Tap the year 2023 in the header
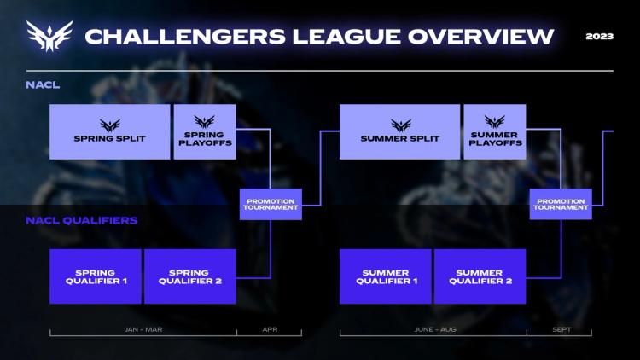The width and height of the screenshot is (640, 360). pyautogui.click(x=600, y=37)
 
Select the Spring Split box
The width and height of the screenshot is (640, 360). pyautogui.click(x=109, y=132)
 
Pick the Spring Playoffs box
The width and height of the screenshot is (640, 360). pyautogui.click(x=204, y=132)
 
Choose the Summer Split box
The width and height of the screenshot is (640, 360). pyautogui.click(x=399, y=132)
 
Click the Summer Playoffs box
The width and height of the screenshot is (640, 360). pyautogui.click(x=494, y=132)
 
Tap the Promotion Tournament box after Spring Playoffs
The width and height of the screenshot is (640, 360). pyautogui.click(x=271, y=205)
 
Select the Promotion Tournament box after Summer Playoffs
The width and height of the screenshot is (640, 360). pyautogui.click(x=561, y=205)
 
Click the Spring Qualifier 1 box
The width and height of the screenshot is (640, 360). pyautogui.click(x=95, y=276)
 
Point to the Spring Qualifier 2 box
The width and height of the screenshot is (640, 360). pyautogui.click(x=189, y=276)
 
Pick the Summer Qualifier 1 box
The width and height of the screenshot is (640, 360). pyautogui.click(x=386, y=276)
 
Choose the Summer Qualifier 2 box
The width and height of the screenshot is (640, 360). pyautogui.click(x=480, y=276)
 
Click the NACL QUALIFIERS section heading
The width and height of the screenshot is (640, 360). pyautogui.click(x=82, y=220)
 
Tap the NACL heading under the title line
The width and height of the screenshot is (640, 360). pyautogui.click(x=43, y=84)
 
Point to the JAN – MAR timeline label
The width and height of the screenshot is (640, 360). pyautogui.click(x=143, y=328)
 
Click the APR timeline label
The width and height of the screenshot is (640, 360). pyautogui.click(x=270, y=328)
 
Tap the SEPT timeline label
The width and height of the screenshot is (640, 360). pyautogui.click(x=561, y=328)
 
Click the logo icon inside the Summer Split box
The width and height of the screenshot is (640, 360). pyautogui.click(x=400, y=125)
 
